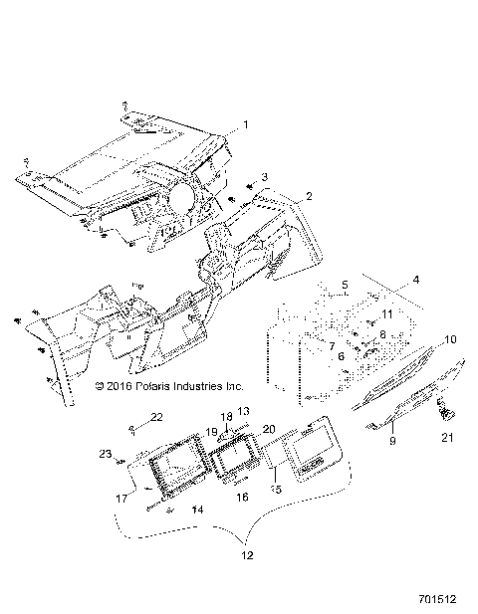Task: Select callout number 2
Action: coord(281,196)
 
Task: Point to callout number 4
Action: coord(416,279)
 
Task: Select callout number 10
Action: coord(450,339)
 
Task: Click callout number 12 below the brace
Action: coord(246,554)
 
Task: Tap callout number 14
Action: coord(197,508)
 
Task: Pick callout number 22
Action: coord(156,416)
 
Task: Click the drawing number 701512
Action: coord(436,601)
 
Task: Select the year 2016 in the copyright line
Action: coord(121,384)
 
